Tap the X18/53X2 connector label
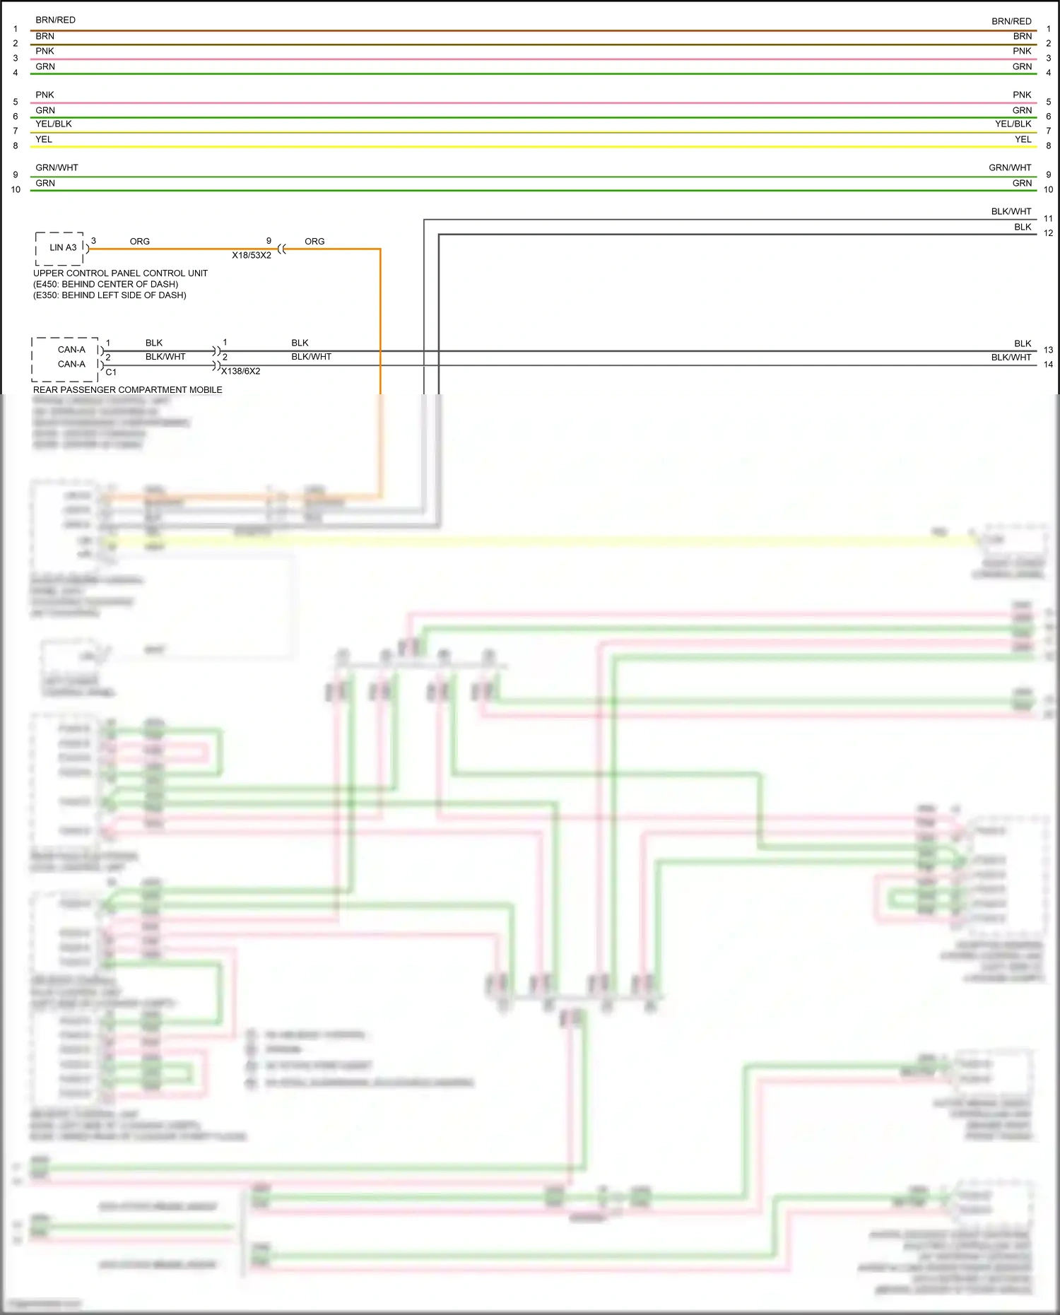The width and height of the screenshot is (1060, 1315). (x=252, y=255)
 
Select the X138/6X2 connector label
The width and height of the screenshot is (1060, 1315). (x=241, y=371)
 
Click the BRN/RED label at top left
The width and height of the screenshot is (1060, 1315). (x=55, y=20)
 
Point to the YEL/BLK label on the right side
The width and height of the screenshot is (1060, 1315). (x=1013, y=124)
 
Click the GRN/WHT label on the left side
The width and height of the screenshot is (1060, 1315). (x=57, y=167)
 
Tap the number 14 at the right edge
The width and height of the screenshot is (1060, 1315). (x=1048, y=365)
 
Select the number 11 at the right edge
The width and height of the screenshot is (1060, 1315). (x=1048, y=218)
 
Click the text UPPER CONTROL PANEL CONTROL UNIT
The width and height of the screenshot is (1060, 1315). (x=120, y=273)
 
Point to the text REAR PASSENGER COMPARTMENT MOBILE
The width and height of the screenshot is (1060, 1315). (x=127, y=389)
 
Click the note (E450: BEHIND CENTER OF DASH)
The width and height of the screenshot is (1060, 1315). (x=105, y=284)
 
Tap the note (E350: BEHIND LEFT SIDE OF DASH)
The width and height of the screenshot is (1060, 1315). (x=110, y=295)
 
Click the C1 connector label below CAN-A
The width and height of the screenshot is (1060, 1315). (x=111, y=372)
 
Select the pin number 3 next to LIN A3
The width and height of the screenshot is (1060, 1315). (x=93, y=241)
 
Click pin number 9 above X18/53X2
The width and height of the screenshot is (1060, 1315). (x=269, y=241)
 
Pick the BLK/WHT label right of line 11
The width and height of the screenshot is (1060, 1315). (x=1011, y=211)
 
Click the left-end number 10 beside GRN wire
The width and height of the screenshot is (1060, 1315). (x=16, y=189)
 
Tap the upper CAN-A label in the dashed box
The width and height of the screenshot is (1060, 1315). (x=71, y=350)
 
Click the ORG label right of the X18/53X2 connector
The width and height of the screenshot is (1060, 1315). (x=314, y=242)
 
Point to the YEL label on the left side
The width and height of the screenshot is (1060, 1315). (x=44, y=139)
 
